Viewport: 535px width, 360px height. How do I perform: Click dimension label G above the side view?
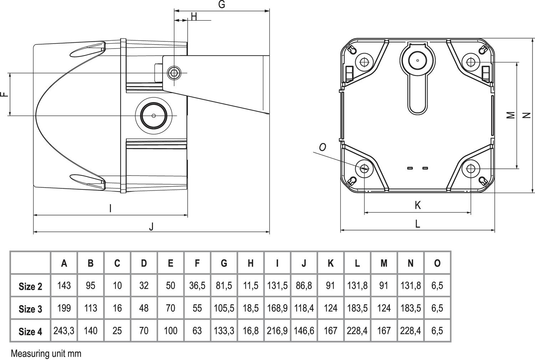[221, 5]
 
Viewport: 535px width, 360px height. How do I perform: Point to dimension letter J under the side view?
[151, 226]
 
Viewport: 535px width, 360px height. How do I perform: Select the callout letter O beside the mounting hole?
[322, 147]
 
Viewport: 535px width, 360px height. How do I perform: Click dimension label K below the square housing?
[418, 205]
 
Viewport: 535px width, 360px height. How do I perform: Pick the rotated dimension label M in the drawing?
[511, 115]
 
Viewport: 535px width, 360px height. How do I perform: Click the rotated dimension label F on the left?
[4, 94]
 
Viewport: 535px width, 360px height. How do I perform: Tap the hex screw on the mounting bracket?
[174, 73]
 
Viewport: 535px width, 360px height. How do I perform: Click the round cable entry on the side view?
[154, 116]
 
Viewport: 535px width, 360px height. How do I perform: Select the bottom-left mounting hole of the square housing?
[364, 168]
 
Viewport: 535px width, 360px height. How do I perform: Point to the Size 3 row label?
[30, 309]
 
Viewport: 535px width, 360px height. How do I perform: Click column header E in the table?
[170, 263]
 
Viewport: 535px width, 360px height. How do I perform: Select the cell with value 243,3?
[64, 331]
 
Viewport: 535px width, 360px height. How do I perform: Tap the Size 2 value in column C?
[117, 286]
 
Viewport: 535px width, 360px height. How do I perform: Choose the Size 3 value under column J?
[304, 308]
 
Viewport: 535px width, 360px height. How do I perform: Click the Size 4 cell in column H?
[251, 331]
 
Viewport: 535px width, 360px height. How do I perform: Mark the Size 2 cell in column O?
[437, 286]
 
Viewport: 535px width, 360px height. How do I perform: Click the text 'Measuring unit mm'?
[46, 354]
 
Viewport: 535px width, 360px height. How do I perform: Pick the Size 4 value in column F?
[197, 331]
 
